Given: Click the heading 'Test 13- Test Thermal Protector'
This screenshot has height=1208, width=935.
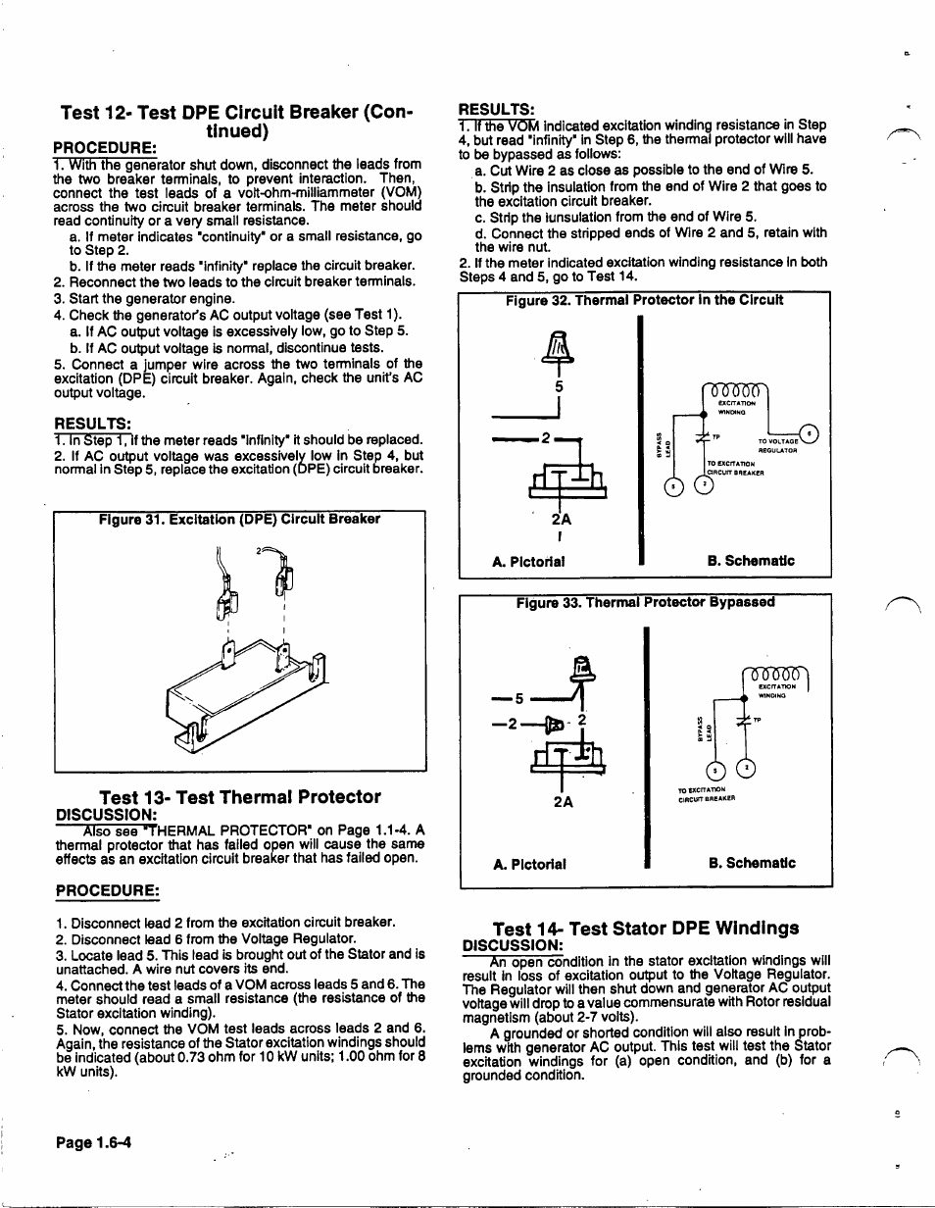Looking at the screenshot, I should (x=240, y=796).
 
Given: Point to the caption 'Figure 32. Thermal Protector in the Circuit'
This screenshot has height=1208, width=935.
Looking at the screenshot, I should (x=644, y=300).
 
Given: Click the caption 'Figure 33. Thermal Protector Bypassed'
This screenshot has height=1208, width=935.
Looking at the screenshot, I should (x=645, y=602).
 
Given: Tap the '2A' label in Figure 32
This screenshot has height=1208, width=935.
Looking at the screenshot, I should (x=560, y=521).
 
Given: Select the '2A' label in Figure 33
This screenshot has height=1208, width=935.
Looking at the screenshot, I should (x=563, y=801).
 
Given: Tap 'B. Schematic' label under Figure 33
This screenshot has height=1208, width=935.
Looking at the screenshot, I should (x=751, y=864).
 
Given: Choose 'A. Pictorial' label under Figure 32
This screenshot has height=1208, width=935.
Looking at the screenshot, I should (x=528, y=562).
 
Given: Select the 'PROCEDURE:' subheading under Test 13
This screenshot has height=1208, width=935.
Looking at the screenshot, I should (x=108, y=890).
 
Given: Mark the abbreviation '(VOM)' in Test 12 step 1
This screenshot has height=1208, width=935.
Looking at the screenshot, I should (x=400, y=192).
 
